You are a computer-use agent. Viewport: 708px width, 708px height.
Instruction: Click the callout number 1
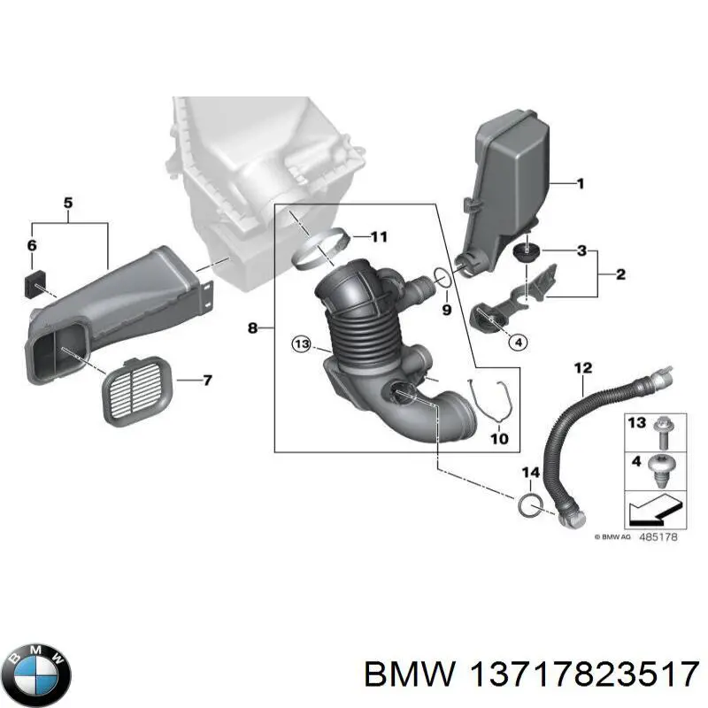(581, 184)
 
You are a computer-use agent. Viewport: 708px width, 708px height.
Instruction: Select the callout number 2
(620, 275)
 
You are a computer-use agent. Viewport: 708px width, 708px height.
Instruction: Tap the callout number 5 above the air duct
(68, 204)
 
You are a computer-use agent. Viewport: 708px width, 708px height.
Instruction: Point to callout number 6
(32, 245)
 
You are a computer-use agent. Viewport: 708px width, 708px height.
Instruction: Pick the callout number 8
(253, 328)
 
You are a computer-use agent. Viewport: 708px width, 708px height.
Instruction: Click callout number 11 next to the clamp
(379, 236)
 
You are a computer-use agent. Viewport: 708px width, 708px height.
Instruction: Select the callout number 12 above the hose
(582, 366)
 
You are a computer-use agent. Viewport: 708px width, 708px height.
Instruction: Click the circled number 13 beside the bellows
(302, 343)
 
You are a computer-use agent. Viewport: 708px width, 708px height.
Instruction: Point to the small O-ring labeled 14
(528, 505)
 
